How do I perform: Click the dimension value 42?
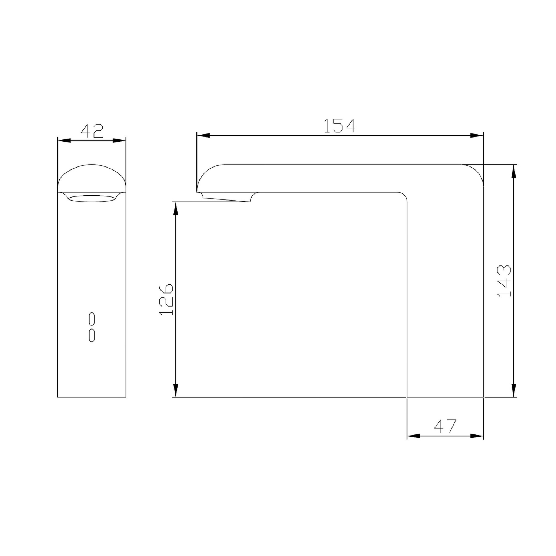point(92,130)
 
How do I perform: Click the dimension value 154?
point(340,126)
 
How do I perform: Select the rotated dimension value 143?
point(504,281)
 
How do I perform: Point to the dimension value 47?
point(445,426)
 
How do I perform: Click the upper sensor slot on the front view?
point(92,319)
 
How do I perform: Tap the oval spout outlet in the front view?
point(92,198)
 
